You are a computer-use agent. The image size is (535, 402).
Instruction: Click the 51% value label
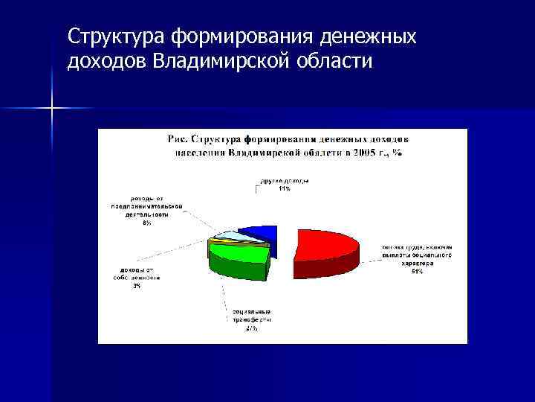[416, 271]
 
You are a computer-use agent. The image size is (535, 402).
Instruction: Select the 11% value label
[284, 188]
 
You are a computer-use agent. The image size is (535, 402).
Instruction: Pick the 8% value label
[147, 223]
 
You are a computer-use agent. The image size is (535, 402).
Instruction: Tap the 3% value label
[137, 287]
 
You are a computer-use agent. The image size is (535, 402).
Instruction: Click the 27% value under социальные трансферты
[251, 328]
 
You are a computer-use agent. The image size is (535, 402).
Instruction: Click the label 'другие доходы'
[284, 181]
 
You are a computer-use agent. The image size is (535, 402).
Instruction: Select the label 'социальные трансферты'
[251, 314]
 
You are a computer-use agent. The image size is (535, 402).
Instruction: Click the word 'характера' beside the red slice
[416, 263]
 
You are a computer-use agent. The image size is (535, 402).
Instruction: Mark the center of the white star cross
[52, 109]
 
